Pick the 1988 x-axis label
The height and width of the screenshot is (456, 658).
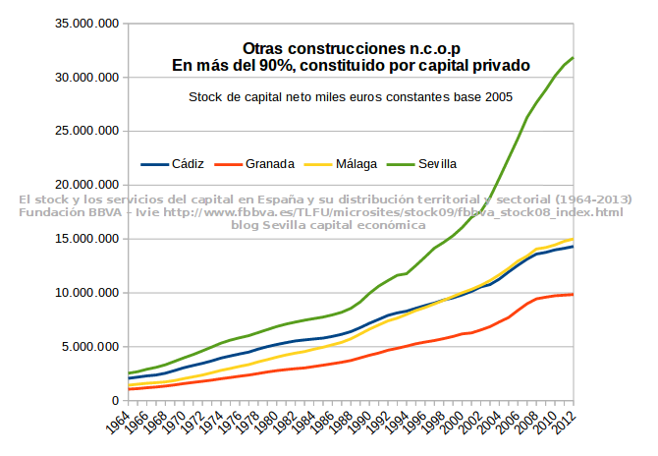click(343, 425)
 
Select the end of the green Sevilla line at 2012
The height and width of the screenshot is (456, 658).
click(574, 57)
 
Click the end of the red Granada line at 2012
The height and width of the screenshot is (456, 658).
click(574, 294)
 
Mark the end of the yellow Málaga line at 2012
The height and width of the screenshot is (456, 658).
click(574, 239)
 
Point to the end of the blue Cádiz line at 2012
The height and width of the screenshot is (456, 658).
click(574, 246)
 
